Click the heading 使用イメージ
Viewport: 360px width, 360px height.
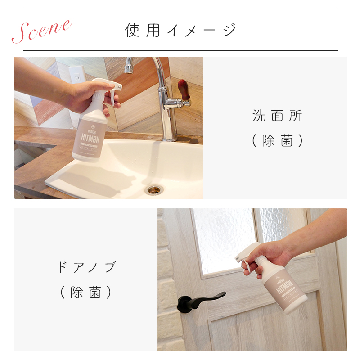pyautogui.click(x=180, y=30)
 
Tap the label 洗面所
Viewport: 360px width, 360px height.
pyautogui.click(x=277, y=116)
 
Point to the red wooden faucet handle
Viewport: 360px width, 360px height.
pyautogui.click(x=183, y=90)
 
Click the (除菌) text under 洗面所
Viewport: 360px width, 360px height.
pyautogui.click(x=277, y=141)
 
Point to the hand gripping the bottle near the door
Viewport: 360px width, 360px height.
pyautogui.click(x=270, y=254)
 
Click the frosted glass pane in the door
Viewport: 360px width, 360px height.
pyautogui.click(x=225, y=238)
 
